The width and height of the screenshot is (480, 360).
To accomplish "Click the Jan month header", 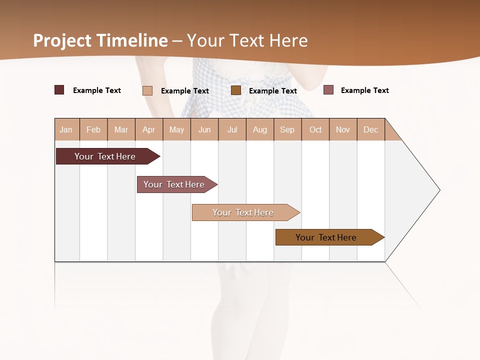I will pos(66,129).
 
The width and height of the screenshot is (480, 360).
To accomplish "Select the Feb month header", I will pos(93,129).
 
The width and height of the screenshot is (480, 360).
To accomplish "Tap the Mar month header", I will pos(121,129).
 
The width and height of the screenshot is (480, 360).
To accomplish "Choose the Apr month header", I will pos(149,129).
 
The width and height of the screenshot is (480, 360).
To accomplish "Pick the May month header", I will pos(176,129).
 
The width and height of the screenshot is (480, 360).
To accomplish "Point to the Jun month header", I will pos(204,129).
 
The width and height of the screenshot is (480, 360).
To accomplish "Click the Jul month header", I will pos(232,129).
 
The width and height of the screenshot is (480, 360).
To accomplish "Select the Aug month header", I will pos(260,129).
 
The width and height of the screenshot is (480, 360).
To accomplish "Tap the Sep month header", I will pos(287,129).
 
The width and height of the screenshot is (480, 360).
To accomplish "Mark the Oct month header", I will pos(315,129).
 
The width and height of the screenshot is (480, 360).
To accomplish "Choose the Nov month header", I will pos(343,129).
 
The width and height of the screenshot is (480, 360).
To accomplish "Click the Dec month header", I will pos(371,129).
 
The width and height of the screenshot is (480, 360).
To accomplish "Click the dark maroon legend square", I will pos(59,90).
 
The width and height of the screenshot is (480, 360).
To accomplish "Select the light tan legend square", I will pos(147,90).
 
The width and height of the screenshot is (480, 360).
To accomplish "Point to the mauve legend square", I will pos(328,90).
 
